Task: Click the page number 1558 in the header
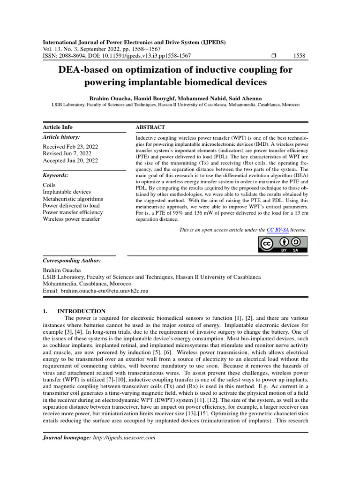(x=299, y=56)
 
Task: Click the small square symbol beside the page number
(x=274, y=56)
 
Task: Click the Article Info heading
(x=58, y=127)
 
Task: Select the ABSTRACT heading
(x=150, y=127)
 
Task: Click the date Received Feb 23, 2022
(x=70, y=146)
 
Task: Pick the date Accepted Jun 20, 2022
(x=70, y=160)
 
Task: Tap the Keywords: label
(x=56, y=175)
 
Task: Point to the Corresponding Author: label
(x=72, y=260)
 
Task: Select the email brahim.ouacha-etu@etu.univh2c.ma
(x=104, y=291)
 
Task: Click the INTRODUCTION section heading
(x=81, y=311)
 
